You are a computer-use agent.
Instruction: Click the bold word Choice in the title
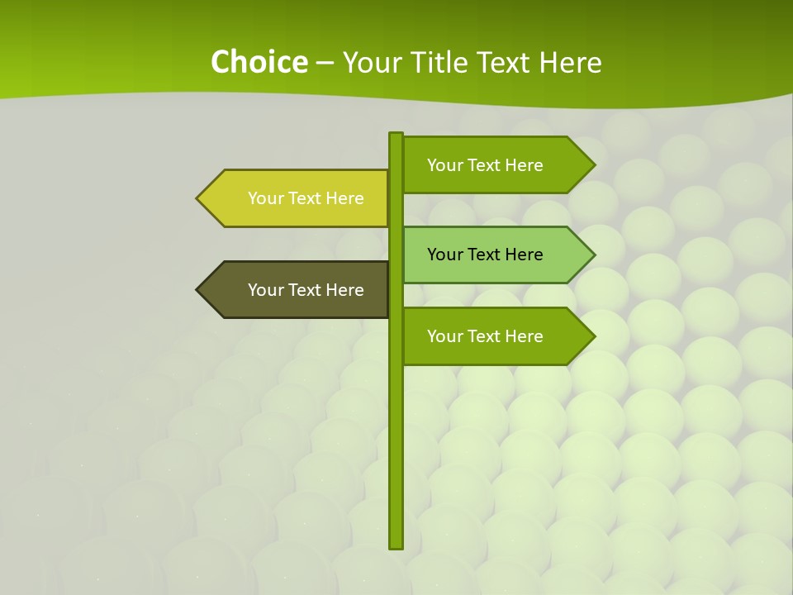click(259, 62)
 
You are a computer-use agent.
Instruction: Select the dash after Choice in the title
click(325, 63)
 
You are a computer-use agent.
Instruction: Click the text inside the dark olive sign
click(306, 290)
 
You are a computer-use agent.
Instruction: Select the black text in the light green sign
click(485, 255)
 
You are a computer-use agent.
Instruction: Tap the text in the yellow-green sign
click(306, 198)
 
